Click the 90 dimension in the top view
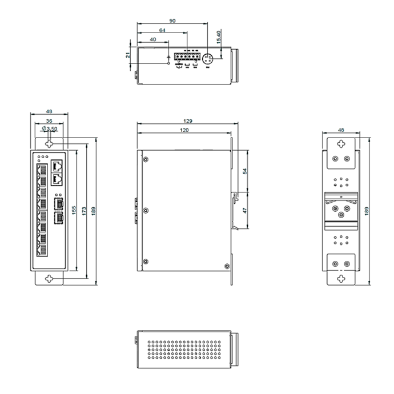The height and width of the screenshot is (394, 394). [x=172, y=21]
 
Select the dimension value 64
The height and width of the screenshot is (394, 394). [x=162, y=30]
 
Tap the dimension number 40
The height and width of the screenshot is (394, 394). [x=152, y=39]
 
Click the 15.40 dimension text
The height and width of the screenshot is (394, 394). [x=219, y=38]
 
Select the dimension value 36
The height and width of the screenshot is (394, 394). [x=49, y=121]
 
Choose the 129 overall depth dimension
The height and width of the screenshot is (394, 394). [x=188, y=122]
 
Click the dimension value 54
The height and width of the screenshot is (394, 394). [x=246, y=171]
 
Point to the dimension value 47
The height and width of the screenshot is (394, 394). [x=246, y=210]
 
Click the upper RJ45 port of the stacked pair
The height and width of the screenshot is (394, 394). [x=58, y=166]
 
